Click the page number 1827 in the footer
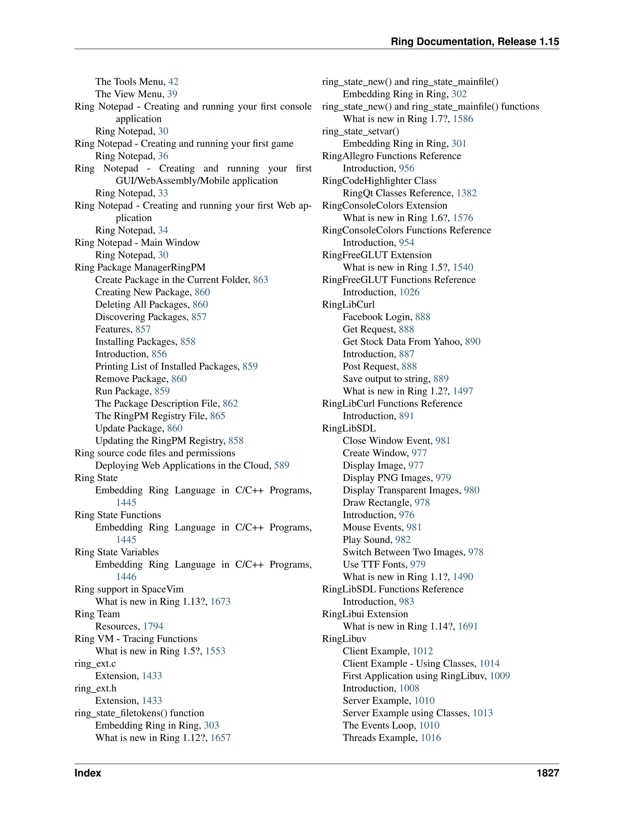tap(548, 773)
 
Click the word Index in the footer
tap(88, 773)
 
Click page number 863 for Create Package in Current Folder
tap(260, 280)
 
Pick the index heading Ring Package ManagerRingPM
tap(140, 267)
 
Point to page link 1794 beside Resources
tap(153, 626)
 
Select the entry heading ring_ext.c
tap(95, 663)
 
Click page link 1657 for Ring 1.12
tap(220, 738)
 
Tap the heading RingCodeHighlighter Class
tap(379, 181)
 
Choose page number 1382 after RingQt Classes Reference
tap(467, 193)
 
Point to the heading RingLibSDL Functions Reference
tap(393, 589)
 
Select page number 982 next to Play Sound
tap(403, 540)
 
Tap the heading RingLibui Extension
tap(365, 614)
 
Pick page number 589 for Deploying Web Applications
tap(281, 466)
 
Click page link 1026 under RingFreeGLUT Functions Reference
tap(409, 292)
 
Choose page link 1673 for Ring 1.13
tap(220, 602)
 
